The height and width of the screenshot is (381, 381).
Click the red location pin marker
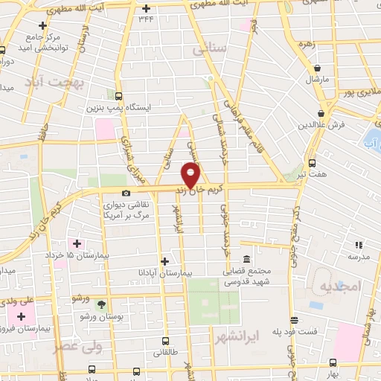click(x=191, y=177)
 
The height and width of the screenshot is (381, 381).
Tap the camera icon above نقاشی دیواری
click(x=127, y=193)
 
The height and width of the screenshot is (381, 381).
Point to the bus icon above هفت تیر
click(x=311, y=162)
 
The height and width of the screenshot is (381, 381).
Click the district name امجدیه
click(x=339, y=286)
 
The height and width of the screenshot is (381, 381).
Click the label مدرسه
click(x=358, y=256)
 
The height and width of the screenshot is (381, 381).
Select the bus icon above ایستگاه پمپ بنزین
click(x=119, y=95)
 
